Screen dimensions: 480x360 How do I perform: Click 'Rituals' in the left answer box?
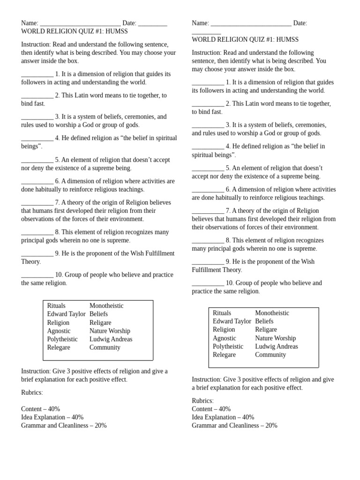(56, 306)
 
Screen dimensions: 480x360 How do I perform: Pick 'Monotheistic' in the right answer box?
(272, 313)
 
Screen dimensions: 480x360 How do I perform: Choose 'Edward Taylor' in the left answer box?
(66, 314)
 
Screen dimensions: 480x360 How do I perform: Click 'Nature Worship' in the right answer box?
(275, 338)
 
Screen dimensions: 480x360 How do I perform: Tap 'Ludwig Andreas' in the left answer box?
(111, 339)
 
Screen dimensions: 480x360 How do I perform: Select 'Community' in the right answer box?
(270, 355)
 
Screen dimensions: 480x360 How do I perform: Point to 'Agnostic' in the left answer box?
(59, 331)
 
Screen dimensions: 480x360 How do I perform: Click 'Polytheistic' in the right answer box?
(228, 346)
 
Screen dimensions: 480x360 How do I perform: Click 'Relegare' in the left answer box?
(59, 347)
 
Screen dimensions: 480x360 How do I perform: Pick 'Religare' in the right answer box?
(266, 330)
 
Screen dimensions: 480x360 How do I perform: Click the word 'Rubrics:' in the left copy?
(32, 392)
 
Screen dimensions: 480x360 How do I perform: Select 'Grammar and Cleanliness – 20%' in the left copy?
(64, 426)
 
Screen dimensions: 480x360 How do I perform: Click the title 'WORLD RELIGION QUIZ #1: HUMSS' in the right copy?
(245, 40)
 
